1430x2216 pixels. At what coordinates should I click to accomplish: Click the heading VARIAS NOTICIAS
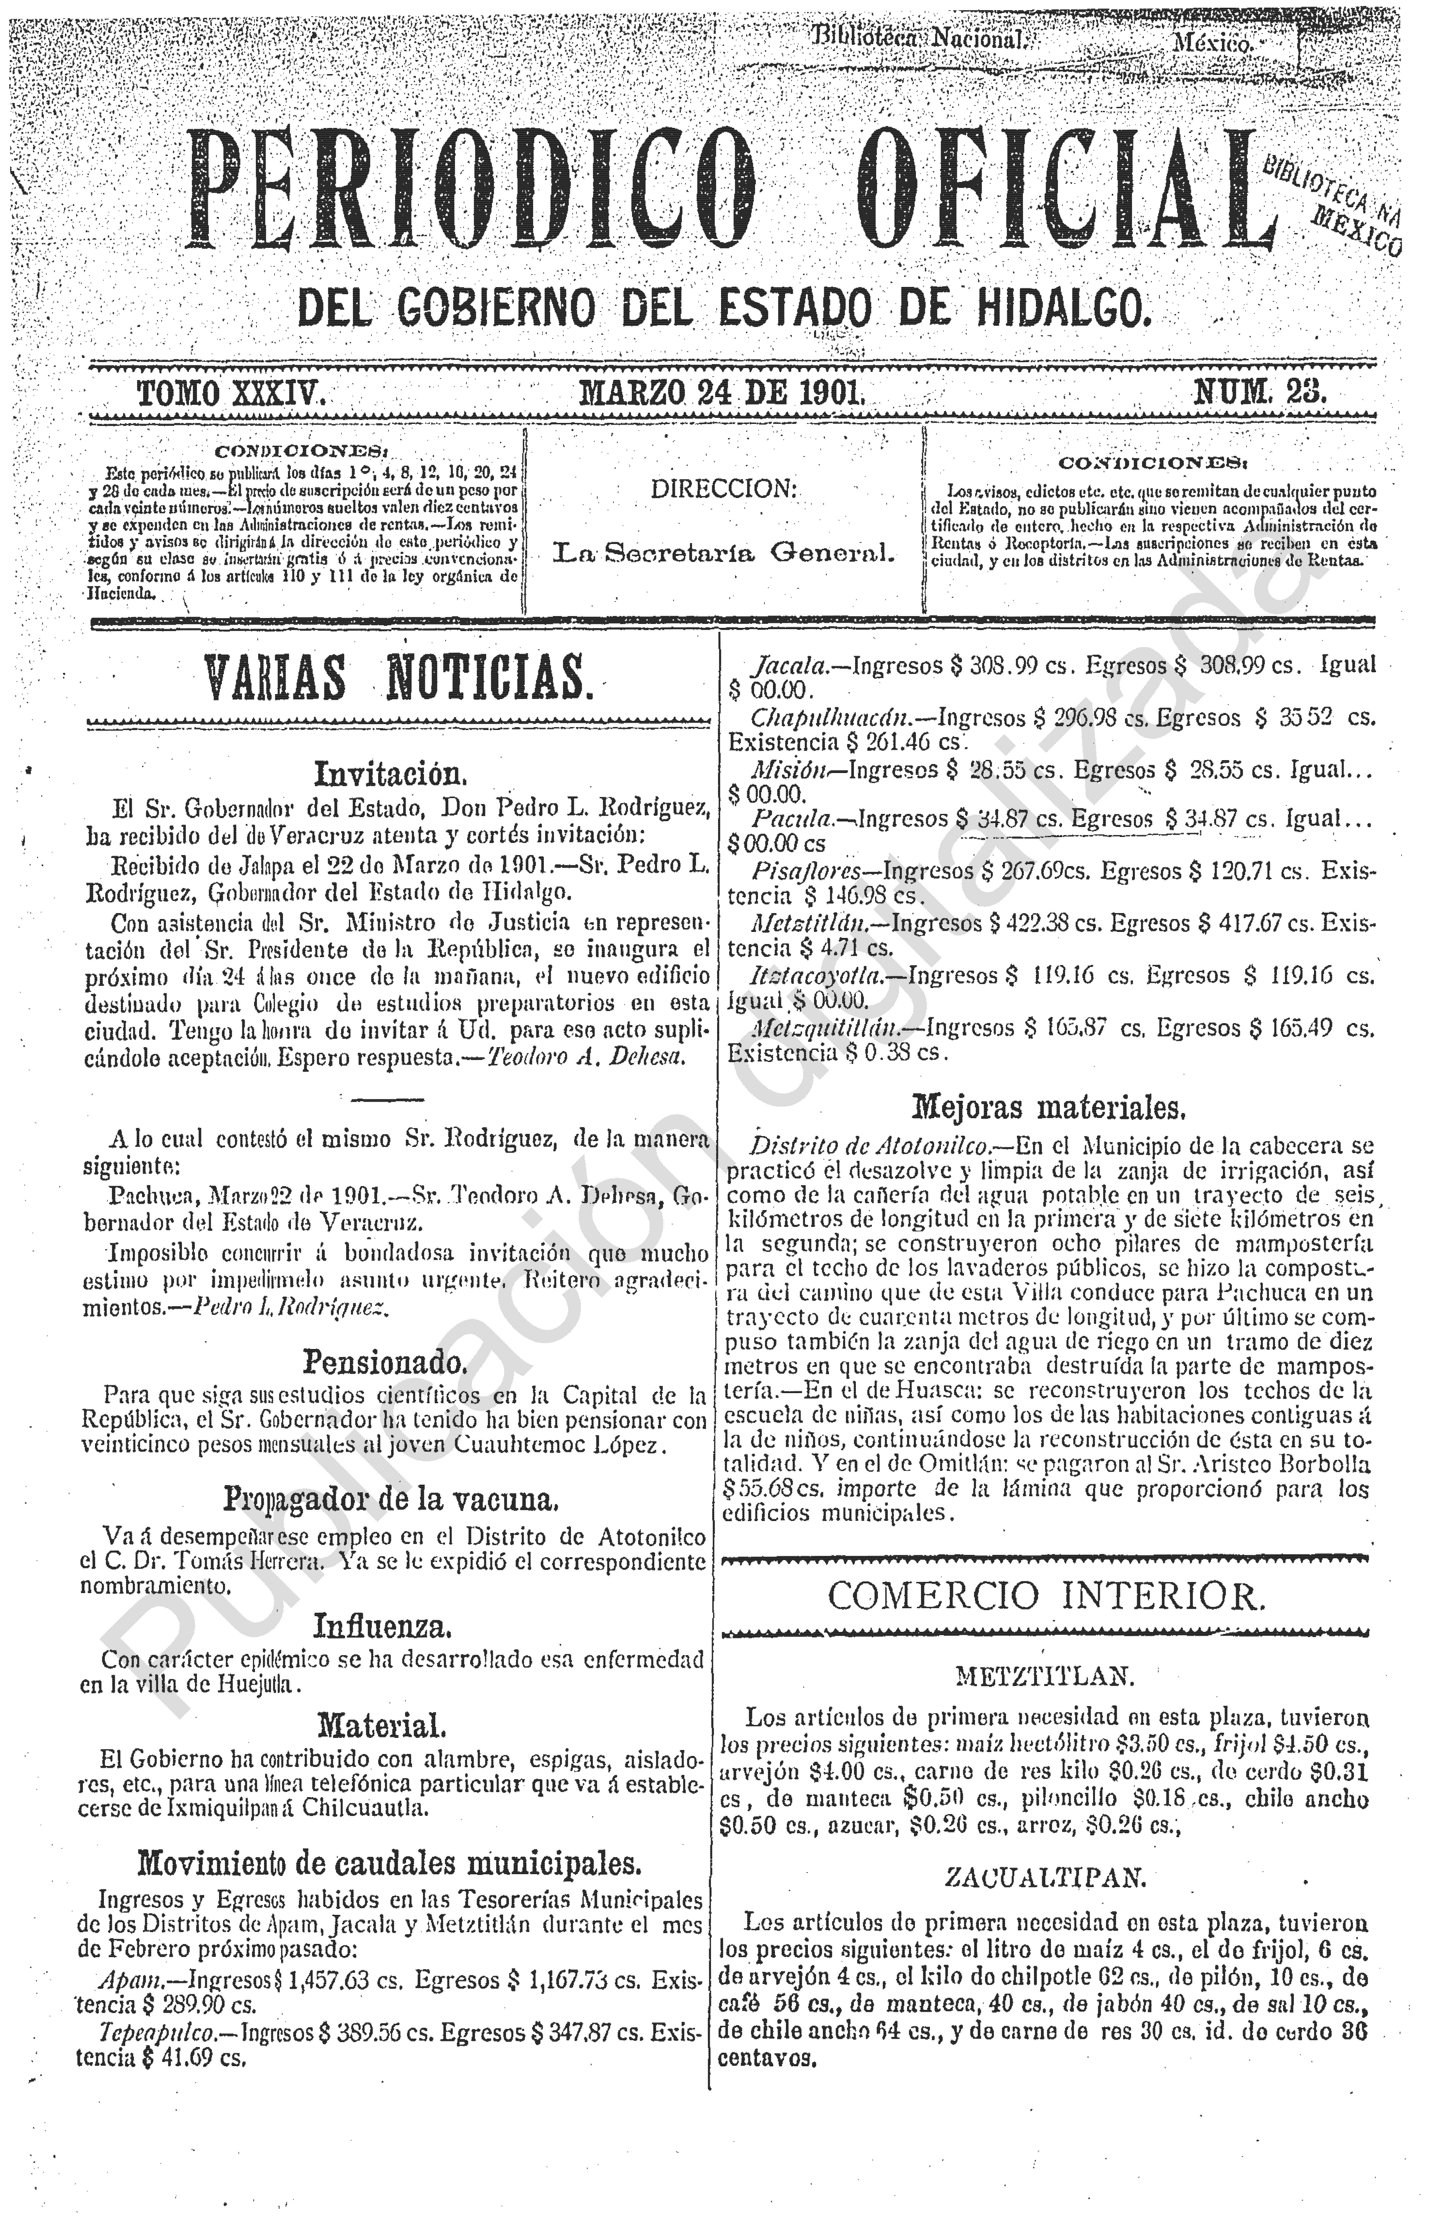(397, 679)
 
